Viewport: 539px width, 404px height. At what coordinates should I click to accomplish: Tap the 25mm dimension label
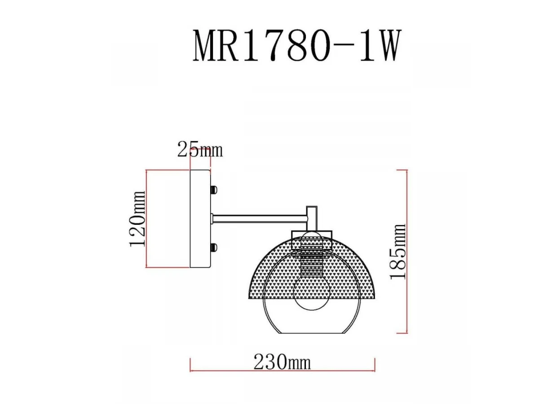coord(200,149)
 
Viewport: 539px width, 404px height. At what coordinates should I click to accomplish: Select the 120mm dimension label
coord(137,219)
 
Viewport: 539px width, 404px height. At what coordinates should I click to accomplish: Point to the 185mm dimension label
coord(398,252)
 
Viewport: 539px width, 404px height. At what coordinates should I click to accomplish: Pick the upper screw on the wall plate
coord(214,189)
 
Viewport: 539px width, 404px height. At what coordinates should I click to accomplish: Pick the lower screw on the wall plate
coord(214,248)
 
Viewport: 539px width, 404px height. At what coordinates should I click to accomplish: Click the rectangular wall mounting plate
coord(200,219)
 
